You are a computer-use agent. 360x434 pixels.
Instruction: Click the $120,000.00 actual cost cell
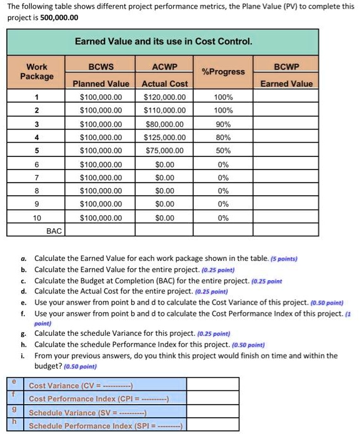pos(164,97)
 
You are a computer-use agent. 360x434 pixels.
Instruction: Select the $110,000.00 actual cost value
pos(164,110)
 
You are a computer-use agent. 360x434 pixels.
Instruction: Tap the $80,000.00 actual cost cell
pos(164,124)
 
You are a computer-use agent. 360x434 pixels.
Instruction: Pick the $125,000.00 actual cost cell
pos(164,137)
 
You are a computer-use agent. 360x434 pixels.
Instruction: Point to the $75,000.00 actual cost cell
pos(164,151)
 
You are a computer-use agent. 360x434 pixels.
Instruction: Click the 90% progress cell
pos(222,124)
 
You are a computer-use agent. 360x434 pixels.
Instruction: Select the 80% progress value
pos(222,137)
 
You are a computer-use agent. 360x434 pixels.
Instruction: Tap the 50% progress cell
pos(222,151)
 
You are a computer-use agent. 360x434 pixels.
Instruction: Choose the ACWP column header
pos(164,66)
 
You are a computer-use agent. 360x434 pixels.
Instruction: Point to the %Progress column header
pos(222,72)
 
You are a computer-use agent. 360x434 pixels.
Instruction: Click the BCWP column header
pos(287,66)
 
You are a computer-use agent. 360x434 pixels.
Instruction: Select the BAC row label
pos(54,231)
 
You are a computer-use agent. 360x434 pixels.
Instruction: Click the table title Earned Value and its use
pos(163,42)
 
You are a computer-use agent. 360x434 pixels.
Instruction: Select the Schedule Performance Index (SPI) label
pos(105,426)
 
